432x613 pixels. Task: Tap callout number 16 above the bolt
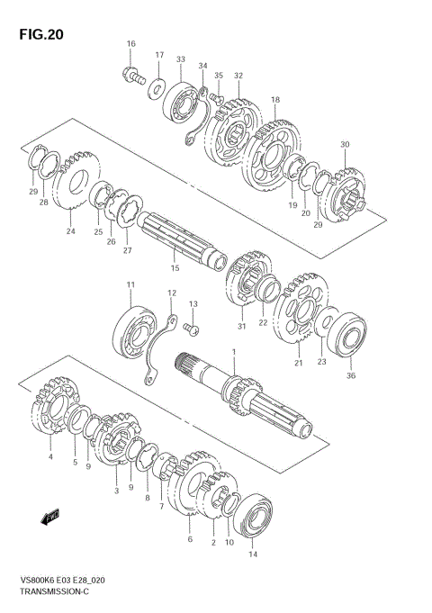click(x=130, y=44)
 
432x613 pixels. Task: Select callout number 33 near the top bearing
click(x=181, y=59)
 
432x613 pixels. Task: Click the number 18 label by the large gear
click(x=275, y=100)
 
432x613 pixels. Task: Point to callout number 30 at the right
click(x=344, y=144)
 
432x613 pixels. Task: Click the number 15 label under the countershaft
click(x=175, y=266)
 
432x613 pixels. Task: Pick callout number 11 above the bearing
click(x=130, y=285)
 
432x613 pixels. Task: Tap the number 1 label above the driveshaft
click(x=232, y=352)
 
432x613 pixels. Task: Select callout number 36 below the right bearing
click(x=350, y=376)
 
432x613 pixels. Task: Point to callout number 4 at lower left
click(x=50, y=457)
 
